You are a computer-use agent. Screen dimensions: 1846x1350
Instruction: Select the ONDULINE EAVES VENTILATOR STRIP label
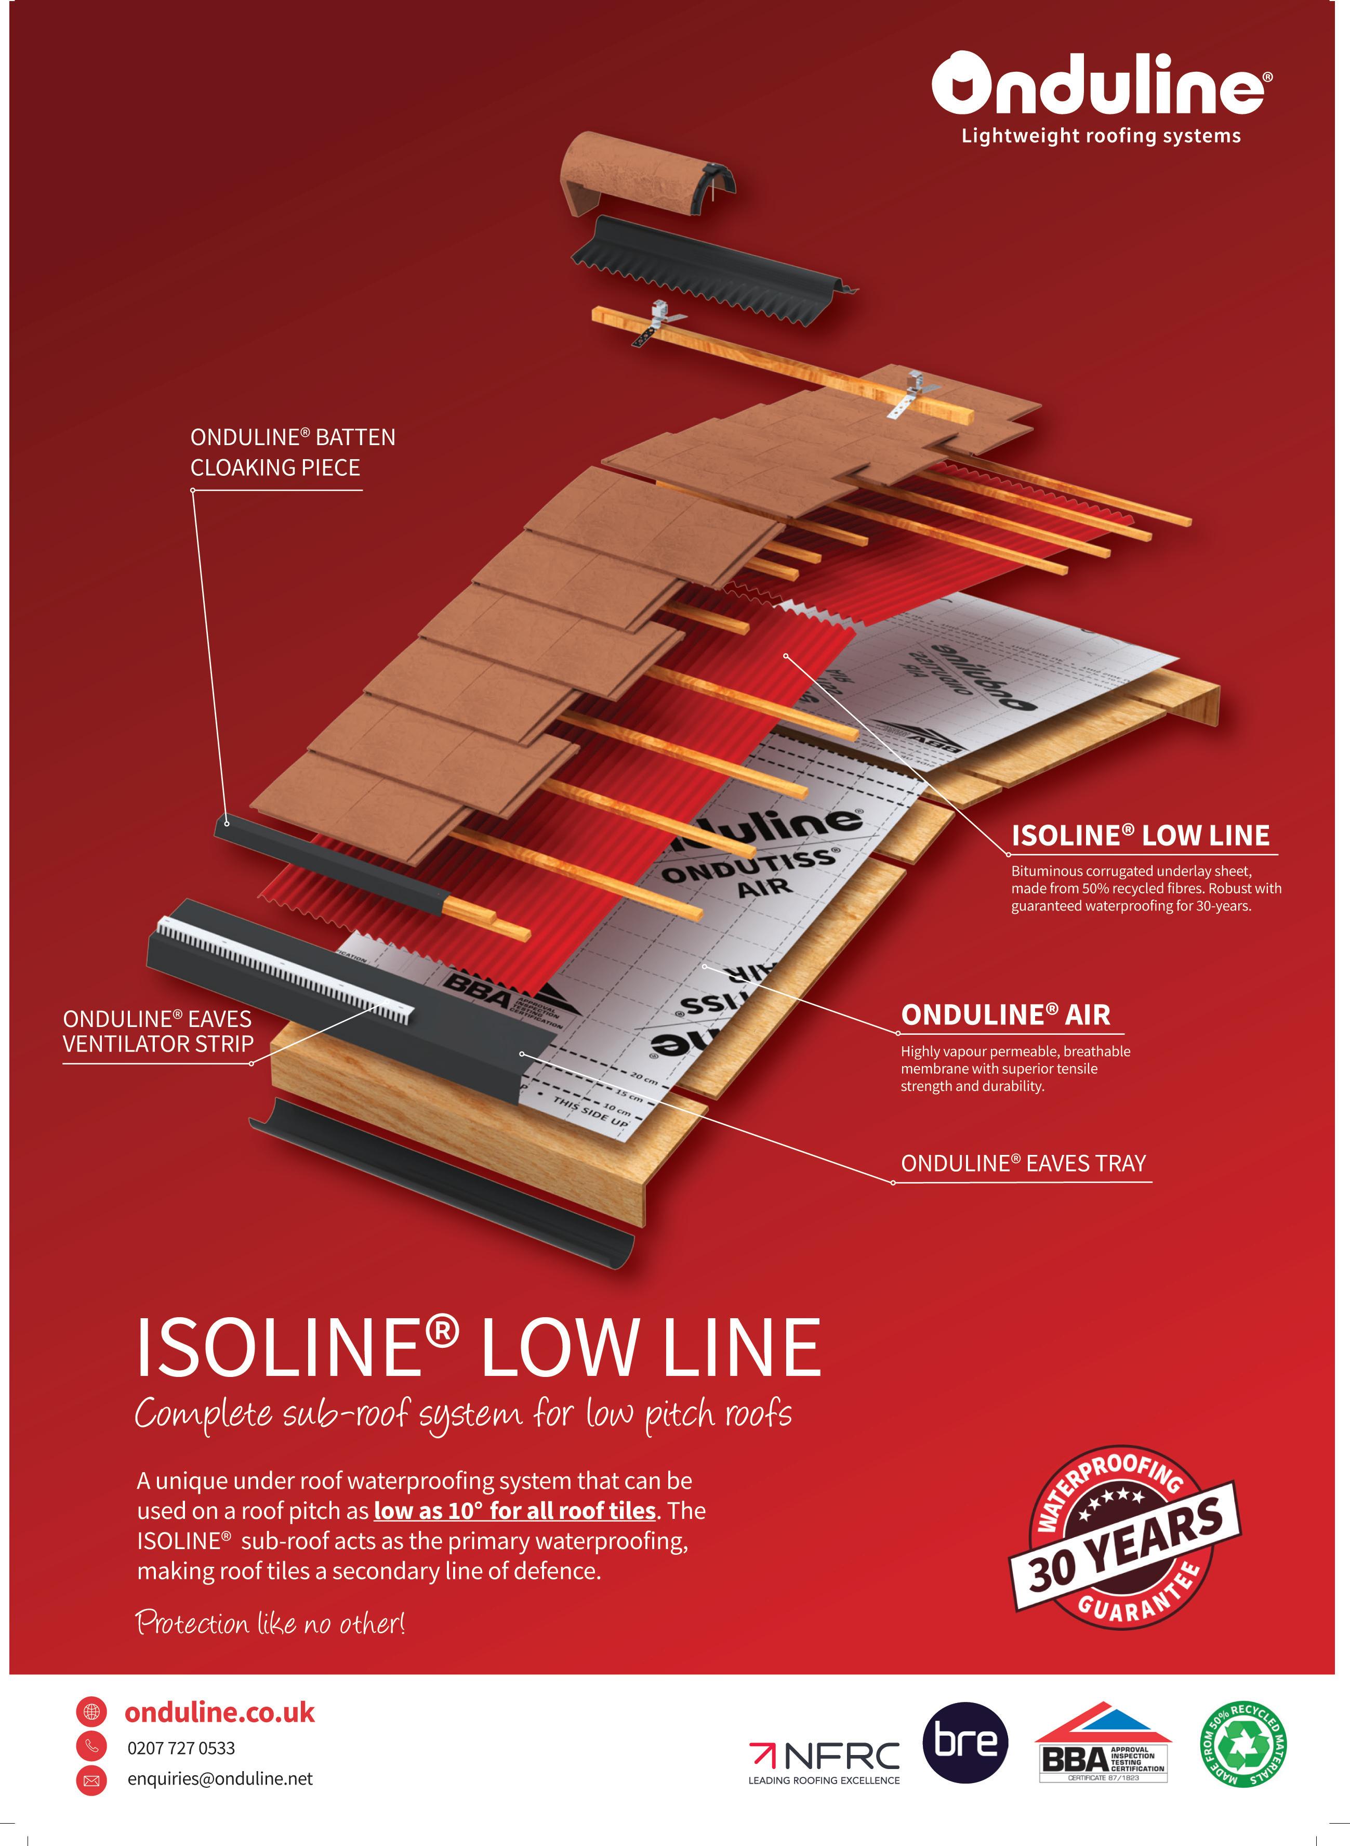(158, 1031)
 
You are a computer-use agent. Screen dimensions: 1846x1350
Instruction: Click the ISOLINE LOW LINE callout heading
(1140, 835)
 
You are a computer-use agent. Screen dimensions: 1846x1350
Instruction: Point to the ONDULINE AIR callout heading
(1005, 1015)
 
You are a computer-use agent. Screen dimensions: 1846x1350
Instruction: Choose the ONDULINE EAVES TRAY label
(1023, 1163)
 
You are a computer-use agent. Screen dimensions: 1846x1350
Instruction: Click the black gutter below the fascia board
(441, 1181)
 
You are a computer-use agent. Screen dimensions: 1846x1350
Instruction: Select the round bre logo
(965, 1742)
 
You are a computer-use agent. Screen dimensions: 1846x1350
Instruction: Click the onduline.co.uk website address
(219, 1712)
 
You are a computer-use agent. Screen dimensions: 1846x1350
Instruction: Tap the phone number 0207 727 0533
(181, 1748)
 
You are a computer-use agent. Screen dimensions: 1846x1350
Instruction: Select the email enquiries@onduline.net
(220, 1778)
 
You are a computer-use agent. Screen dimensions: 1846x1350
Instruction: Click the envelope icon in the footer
(91, 1780)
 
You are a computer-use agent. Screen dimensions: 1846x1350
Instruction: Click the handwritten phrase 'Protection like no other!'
(270, 1623)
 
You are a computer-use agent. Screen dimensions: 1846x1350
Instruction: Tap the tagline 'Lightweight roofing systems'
(1101, 136)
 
